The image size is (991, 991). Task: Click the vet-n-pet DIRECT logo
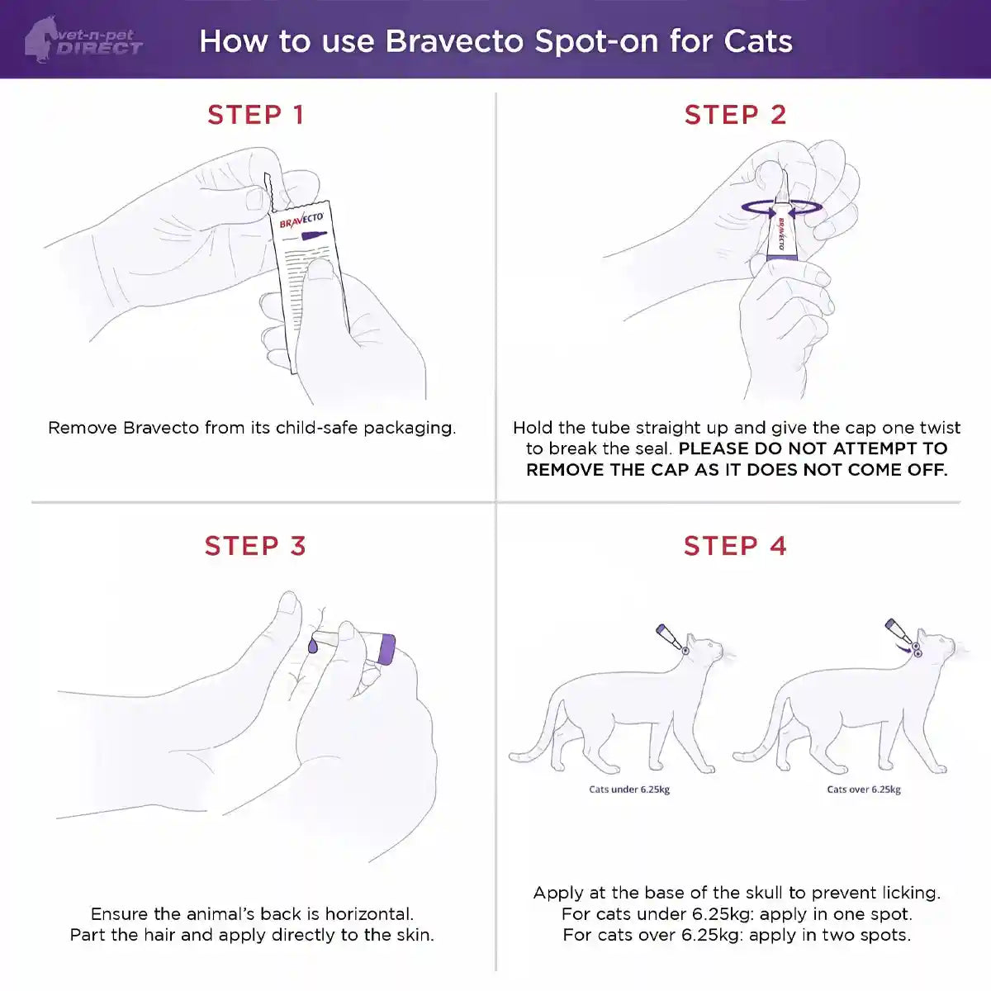tap(83, 40)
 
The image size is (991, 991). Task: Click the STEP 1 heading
tap(256, 115)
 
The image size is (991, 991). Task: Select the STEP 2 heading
tap(735, 115)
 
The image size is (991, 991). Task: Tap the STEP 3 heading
tap(255, 546)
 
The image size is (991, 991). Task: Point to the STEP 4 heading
tap(735, 546)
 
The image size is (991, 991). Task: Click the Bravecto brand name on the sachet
tap(301, 220)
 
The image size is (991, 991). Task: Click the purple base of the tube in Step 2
tap(781, 257)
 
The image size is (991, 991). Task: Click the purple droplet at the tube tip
tap(313, 645)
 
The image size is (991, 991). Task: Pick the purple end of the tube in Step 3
tap(385, 648)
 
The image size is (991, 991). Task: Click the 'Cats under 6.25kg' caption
tap(629, 789)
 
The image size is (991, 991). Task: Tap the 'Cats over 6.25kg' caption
tap(864, 789)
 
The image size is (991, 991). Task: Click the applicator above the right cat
tap(898, 633)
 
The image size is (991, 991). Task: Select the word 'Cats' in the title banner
tap(758, 41)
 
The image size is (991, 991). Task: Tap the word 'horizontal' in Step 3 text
tap(368, 914)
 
